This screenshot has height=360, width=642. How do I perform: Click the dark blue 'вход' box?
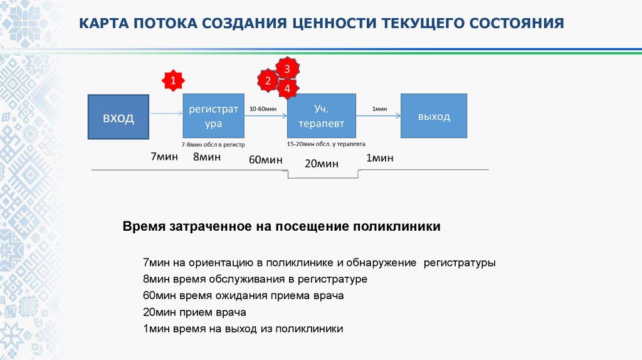[x=118, y=117]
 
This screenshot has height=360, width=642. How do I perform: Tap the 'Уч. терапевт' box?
[x=321, y=116]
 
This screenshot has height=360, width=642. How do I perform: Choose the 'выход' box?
[x=434, y=116]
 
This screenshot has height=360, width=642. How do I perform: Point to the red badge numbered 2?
[x=268, y=81]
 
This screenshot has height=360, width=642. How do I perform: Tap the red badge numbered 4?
[x=287, y=89]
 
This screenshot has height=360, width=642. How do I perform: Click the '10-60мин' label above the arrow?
[x=263, y=109]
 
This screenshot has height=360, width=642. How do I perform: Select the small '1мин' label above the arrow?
[x=379, y=109]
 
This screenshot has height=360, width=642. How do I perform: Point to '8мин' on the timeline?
[x=206, y=157]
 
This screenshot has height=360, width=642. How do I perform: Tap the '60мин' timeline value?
[x=266, y=160]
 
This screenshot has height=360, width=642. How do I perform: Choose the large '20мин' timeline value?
[x=322, y=164]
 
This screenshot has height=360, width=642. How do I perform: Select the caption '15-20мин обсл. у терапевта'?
[x=326, y=144]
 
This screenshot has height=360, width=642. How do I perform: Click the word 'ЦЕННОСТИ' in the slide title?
[x=334, y=24]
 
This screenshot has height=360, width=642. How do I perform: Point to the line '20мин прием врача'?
[x=194, y=312]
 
